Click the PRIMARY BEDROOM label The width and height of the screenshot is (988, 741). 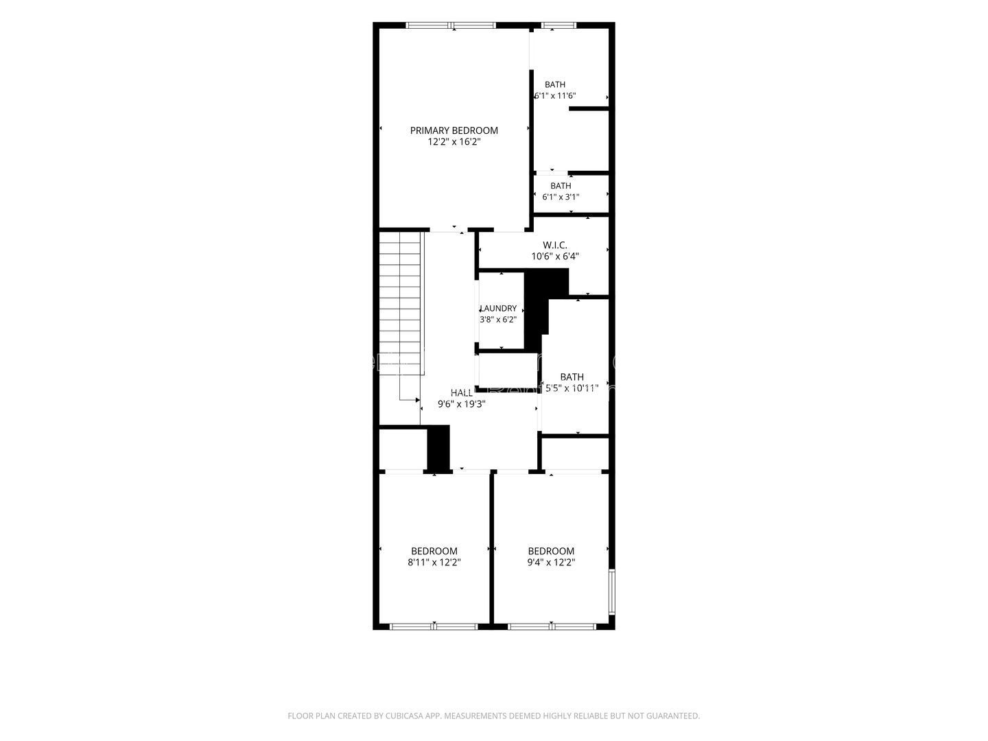454,130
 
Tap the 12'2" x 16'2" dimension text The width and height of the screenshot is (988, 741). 454,142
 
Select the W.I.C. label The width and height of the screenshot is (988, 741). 554,245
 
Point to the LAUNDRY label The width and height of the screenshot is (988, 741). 498,309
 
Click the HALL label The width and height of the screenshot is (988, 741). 462,392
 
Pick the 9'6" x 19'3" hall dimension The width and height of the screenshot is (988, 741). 462,404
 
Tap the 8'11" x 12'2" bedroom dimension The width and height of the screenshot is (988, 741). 434,563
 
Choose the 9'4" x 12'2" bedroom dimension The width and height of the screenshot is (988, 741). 552,563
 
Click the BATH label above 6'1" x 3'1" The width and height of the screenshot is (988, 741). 561,186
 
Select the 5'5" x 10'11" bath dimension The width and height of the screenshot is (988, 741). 572,388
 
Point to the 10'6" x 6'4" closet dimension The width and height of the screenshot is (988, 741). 555,257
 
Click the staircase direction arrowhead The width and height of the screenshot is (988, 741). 418,399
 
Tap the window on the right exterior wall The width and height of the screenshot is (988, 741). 612,591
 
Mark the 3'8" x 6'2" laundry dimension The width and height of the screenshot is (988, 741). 498,320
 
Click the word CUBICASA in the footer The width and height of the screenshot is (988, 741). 403,716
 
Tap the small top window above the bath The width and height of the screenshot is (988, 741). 558,25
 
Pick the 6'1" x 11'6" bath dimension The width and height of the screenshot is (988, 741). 555,96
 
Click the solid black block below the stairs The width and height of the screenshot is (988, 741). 438,448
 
